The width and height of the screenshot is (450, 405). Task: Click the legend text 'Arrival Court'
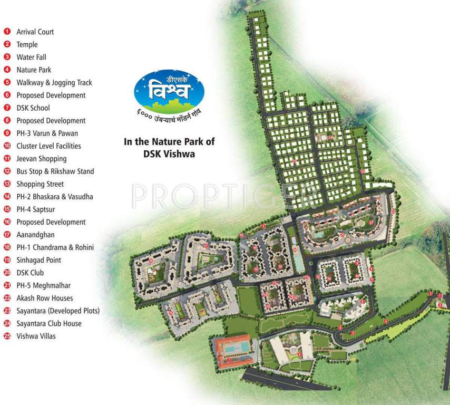tap(35, 32)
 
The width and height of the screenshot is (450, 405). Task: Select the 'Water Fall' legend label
tap(32, 57)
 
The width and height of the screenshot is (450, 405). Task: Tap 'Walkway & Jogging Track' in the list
tap(54, 82)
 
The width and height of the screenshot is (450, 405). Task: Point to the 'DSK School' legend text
tap(33, 108)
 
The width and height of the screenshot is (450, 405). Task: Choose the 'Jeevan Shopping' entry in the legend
tap(42, 158)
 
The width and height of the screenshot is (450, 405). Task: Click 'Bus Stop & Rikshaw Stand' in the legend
tap(55, 171)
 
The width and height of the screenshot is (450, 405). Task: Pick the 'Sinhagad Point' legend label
tap(38, 260)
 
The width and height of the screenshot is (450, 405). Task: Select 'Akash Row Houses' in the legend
tap(45, 298)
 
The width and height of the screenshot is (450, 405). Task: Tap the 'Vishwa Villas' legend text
tap(36, 336)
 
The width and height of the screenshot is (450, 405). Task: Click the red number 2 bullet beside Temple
tap(7, 44)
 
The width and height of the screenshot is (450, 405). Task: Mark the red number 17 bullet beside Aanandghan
tap(7, 235)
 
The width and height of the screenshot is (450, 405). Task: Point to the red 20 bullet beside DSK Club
tap(7, 273)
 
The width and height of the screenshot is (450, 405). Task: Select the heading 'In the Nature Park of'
tap(169, 141)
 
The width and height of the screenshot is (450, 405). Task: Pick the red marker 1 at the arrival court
tap(431, 293)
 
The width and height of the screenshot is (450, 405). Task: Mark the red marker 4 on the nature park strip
tap(385, 321)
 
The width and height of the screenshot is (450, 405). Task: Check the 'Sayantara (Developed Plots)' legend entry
tap(58, 311)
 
